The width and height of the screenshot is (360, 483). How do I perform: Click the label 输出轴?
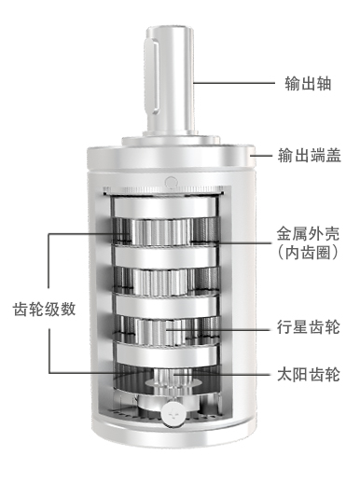[308, 83]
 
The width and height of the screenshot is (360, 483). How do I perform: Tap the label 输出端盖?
[310, 155]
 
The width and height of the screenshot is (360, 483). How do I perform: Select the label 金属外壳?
[308, 234]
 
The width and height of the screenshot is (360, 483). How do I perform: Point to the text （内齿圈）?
[308, 253]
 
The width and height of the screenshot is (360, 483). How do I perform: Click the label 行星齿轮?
[309, 327]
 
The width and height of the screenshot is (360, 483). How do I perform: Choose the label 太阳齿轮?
[309, 375]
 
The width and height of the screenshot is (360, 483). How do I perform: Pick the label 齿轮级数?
[44, 310]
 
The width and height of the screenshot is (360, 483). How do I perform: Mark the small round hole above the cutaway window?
[172, 183]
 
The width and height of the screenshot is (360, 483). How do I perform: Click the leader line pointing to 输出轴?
[234, 83]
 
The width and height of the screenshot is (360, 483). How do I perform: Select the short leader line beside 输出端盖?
[263, 155]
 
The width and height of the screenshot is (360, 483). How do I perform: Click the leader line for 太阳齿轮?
[223, 375]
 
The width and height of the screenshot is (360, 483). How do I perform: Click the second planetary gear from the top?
[159, 283]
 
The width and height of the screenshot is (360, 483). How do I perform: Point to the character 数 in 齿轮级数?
[68, 310]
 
